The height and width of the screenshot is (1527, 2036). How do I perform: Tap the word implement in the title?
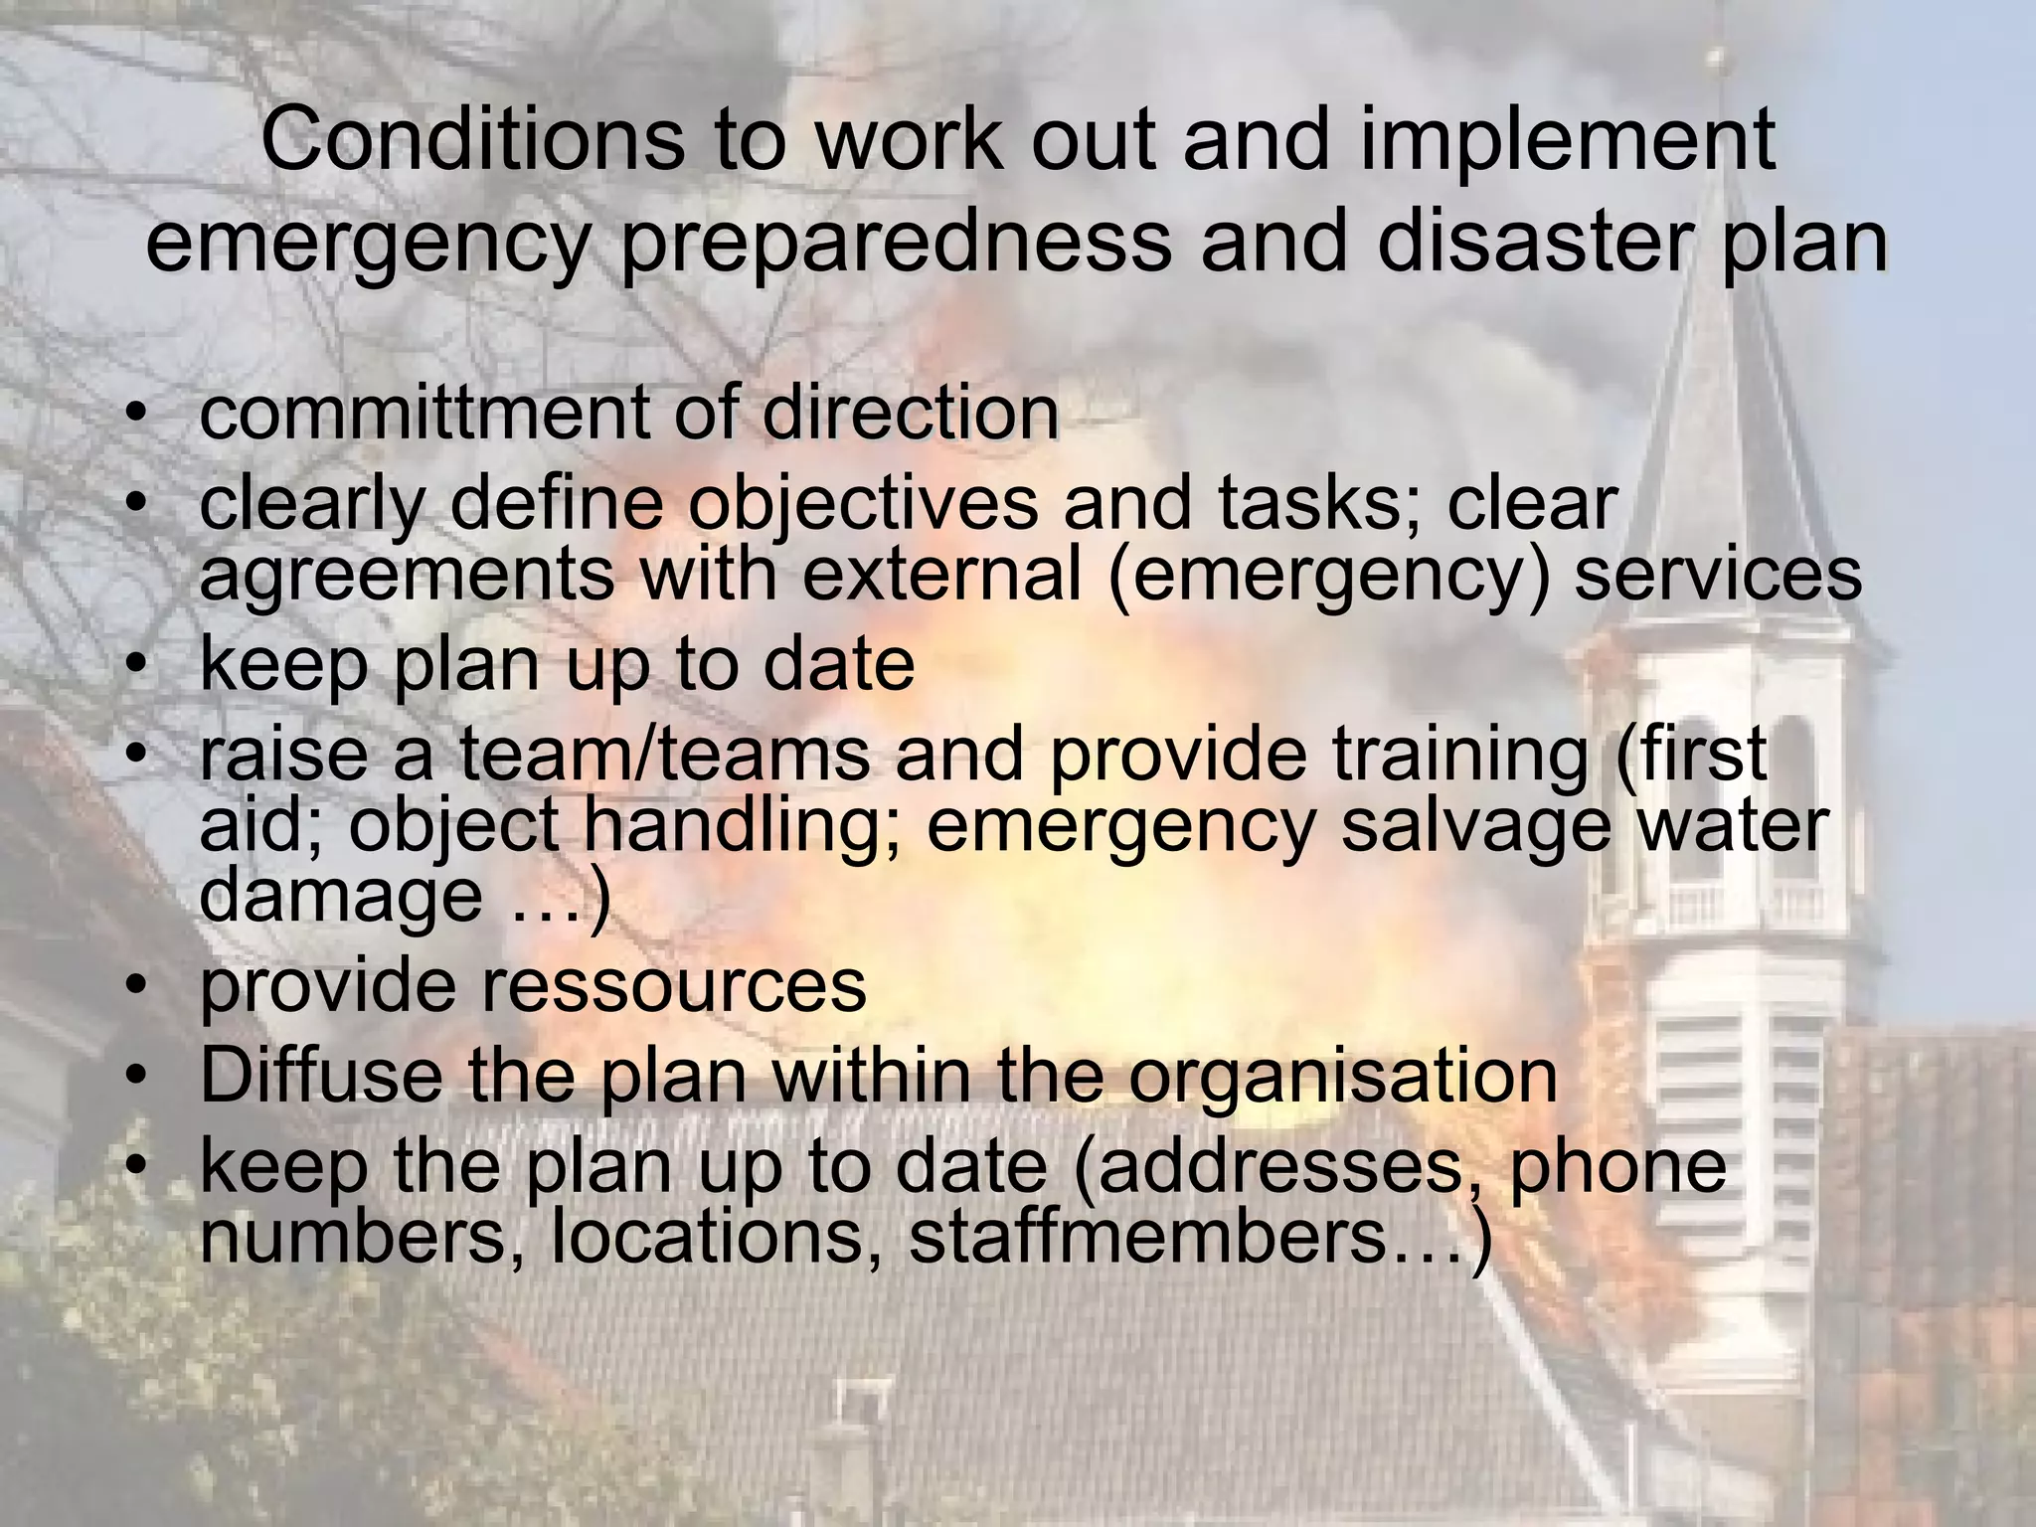(x=1567, y=139)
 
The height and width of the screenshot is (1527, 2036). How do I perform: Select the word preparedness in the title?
(x=896, y=243)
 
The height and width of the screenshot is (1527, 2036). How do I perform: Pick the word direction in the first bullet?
(x=910, y=414)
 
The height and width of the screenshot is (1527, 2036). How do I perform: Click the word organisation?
(x=1343, y=1075)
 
